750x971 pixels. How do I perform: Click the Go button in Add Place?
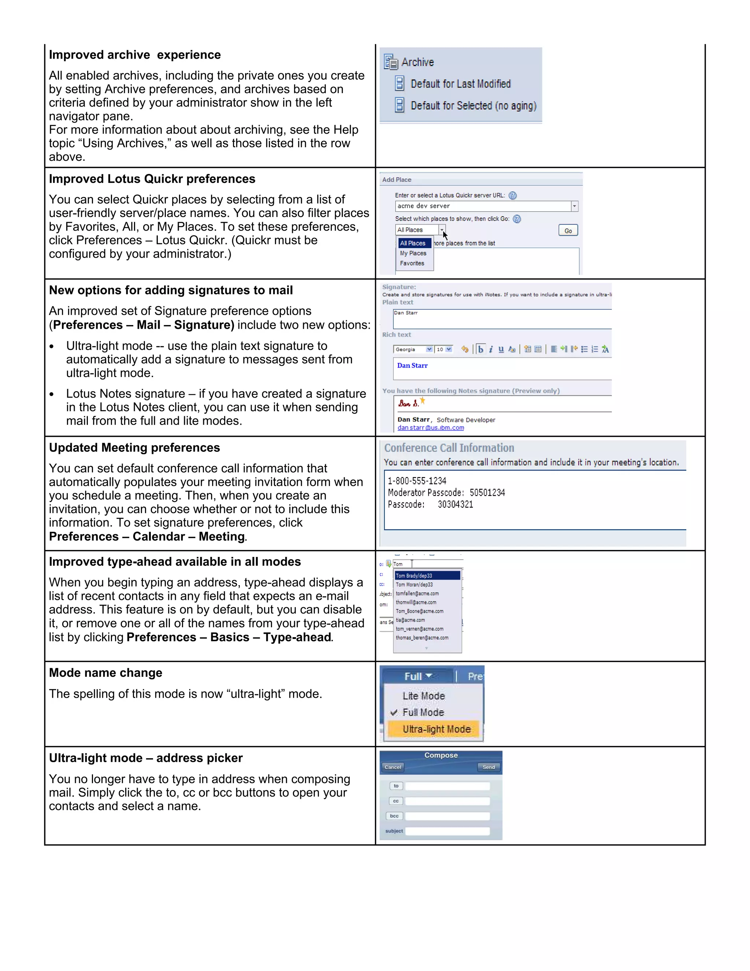[x=568, y=231]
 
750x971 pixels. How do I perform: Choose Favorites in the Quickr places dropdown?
[x=412, y=263]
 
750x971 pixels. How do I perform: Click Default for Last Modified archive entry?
[x=460, y=84]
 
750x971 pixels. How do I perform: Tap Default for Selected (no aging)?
[x=473, y=106]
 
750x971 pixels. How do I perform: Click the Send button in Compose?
[x=489, y=767]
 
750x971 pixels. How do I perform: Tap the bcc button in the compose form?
[x=394, y=816]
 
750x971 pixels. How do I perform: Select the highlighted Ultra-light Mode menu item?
[x=436, y=729]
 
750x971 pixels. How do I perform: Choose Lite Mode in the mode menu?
[x=423, y=696]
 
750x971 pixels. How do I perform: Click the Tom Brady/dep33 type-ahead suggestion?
[x=427, y=576]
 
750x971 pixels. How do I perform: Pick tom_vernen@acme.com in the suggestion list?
[x=419, y=629]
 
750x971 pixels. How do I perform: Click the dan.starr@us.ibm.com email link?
[x=431, y=428]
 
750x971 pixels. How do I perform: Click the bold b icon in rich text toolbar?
[x=480, y=350]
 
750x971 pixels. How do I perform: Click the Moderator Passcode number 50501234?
[x=487, y=492]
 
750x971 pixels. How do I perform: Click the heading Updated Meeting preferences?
[x=134, y=448]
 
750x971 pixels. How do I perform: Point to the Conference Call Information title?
[x=449, y=448]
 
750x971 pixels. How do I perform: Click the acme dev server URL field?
[x=482, y=206]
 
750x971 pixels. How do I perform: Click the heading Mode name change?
[x=105, y=673]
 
